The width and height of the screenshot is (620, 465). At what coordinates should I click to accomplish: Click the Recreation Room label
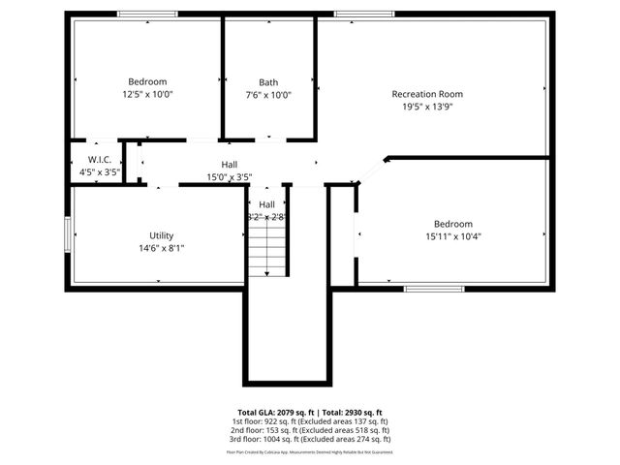point(426,94)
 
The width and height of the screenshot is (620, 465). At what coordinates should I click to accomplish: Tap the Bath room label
point(268,82)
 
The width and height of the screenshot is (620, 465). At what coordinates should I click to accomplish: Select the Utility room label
point(161,235)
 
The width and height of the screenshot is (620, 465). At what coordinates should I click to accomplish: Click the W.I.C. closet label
point(99,159)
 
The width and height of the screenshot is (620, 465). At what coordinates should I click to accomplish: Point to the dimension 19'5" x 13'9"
point(426,107)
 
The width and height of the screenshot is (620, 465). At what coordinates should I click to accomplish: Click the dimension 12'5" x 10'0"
point(147,95)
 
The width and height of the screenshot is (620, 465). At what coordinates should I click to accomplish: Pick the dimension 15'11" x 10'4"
point(453,235)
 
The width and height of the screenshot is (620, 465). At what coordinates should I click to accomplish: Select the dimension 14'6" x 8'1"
point(161,248)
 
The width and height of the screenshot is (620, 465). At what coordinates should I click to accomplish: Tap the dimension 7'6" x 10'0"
point(268,95)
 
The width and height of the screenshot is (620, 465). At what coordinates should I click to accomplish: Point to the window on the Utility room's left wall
point(67,235)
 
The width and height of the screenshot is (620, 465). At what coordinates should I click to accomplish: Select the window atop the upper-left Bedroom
point(147,14)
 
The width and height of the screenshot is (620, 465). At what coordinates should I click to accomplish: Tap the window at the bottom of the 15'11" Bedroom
point(434,288)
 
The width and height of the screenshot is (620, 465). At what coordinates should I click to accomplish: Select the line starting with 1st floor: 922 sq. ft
point(309,421)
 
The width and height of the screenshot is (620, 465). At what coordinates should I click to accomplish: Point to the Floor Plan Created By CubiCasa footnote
point(309,451)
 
